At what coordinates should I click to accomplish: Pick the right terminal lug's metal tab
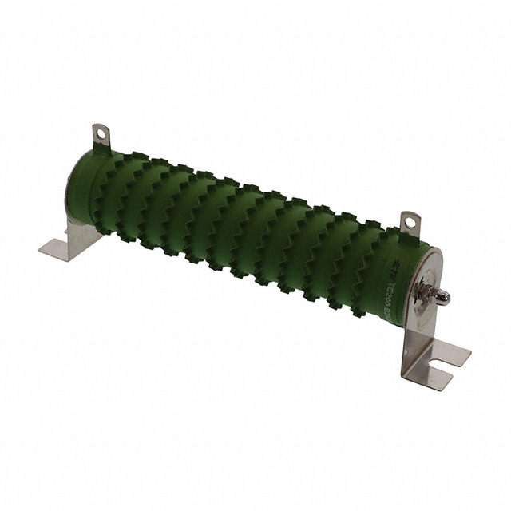(410, 223)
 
